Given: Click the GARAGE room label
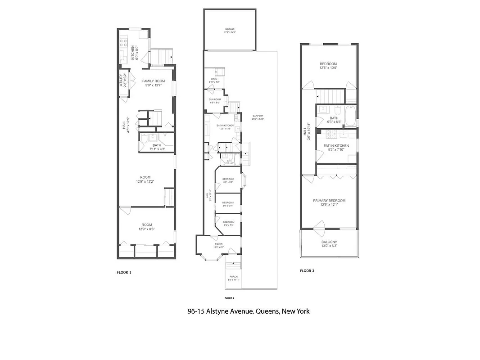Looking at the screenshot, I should click(x=230, y=29).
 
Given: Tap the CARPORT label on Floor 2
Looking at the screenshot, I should click(x=258, y=116).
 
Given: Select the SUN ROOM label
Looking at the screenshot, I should click(x=214, y=99).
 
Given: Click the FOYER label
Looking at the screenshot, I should click(x=217, y=244).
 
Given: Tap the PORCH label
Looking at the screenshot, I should click(x=233, y=276).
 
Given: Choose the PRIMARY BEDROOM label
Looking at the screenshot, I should click(x=329, y=201).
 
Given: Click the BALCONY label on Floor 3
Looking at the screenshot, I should click(x=329, y=242).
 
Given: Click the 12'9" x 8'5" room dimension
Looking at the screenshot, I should click(x=146, y=229).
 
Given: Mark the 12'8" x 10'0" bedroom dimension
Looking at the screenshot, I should click(x=328, y=68).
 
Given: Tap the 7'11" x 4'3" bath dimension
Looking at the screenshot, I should click(x=157, y=149).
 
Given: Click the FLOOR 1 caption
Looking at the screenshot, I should click(x=124, y=272).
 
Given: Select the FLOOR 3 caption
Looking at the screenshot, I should click(x=307, y=271).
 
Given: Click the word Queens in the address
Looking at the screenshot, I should click(x=267, y=311).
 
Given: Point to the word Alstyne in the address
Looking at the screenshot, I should click(x=220, y=311).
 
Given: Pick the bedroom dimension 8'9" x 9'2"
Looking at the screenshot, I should click(x=228, y=182).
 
